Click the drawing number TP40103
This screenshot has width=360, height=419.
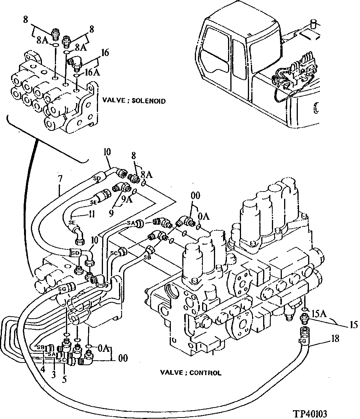tap(310, 413)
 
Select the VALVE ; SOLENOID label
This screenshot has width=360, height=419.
tap(134, 101)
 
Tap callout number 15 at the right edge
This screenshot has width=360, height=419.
tap(353, 325)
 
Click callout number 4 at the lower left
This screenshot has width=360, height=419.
tap(43, 369)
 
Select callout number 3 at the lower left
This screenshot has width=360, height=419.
tap(53, 375)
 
